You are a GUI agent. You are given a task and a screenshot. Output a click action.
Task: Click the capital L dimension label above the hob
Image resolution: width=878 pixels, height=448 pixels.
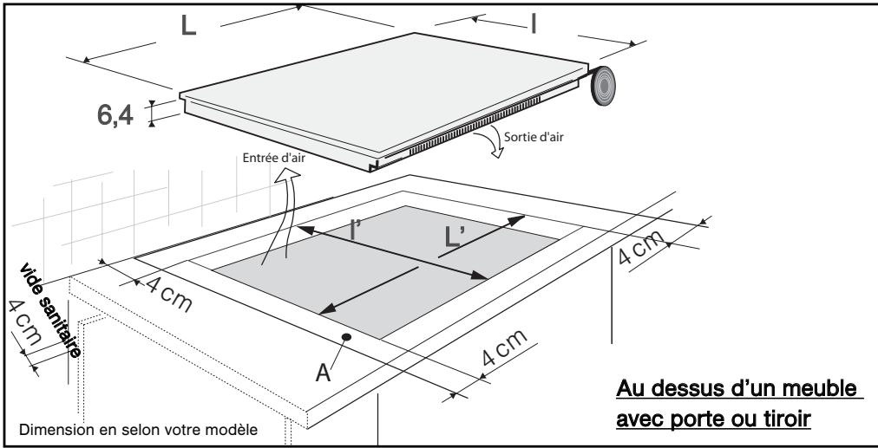[189, 26]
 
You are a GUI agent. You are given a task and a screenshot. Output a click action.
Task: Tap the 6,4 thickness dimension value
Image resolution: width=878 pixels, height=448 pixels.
[115, 115]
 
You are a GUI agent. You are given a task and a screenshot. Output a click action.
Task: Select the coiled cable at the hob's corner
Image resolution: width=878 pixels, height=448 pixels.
[602, 86]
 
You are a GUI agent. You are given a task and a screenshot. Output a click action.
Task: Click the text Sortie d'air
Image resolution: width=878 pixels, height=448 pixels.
[533, 137]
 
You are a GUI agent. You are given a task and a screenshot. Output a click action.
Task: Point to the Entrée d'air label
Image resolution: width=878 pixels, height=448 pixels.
[274, 158]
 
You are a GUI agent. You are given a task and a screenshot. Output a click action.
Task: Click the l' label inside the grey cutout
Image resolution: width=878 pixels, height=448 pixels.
[353, 229]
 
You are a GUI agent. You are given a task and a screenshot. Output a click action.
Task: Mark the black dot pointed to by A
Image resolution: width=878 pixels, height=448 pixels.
[347, 337]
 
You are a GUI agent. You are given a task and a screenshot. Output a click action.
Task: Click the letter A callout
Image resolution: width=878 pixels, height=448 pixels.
[323, 373]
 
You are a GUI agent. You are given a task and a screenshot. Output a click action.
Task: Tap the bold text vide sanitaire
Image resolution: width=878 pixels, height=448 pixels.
[50, 309]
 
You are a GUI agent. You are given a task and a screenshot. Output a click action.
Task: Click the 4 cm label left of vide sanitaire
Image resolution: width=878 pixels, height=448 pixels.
[24, 322]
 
